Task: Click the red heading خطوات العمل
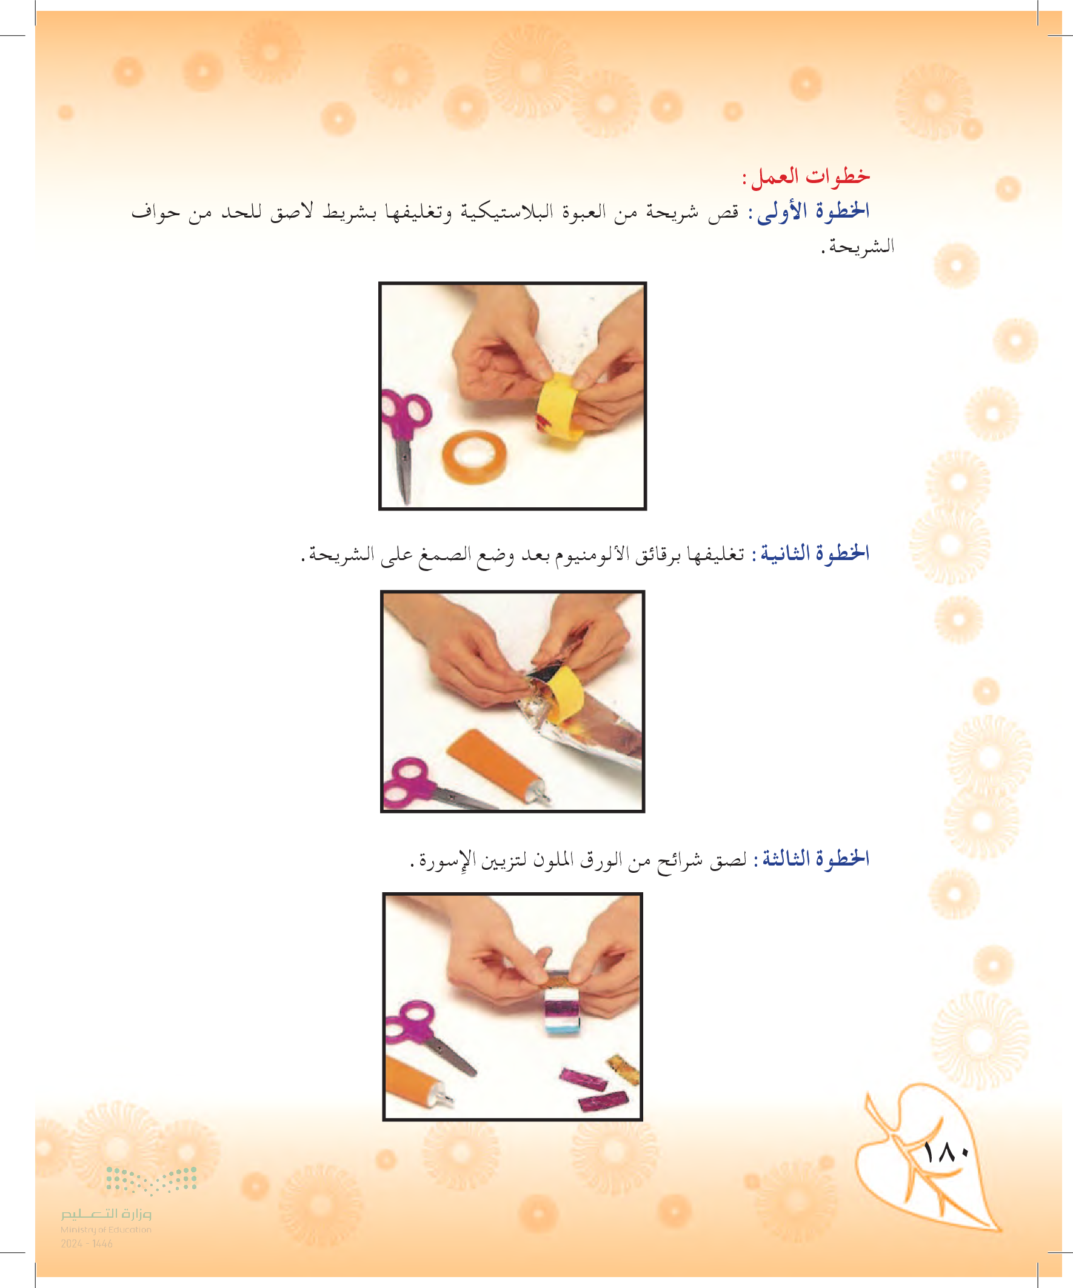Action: [x=806, y=176]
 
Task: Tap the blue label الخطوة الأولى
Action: [x=813, y=211]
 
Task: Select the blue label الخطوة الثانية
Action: [x=815, y=553]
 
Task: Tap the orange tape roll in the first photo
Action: [x=475, y=457]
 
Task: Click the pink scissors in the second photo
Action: [x=429, y=785]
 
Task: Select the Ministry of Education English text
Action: [x=105, y=1229]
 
